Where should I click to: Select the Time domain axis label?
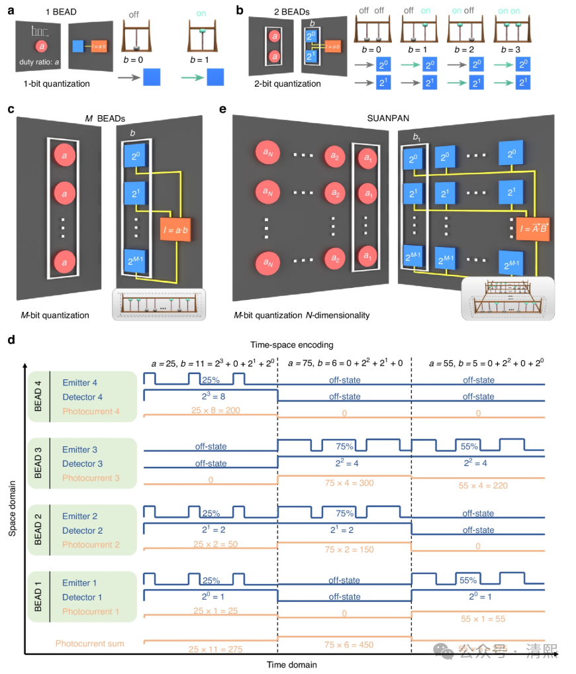click(291, 664)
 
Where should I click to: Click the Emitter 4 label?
click(80, 382)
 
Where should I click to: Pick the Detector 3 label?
click(83, 463)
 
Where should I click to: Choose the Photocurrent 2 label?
click(91, 544)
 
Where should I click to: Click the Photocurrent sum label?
click(89, 643)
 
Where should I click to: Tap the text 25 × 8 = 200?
click(211, 411)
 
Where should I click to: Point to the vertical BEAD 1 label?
click(39, 596)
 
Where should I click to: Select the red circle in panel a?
click(42, 46)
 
